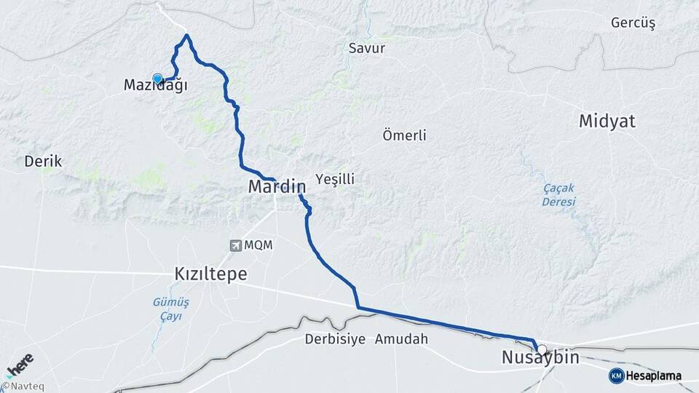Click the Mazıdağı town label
155,85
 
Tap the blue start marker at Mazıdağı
157,79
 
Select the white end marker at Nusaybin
542,349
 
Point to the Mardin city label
276,186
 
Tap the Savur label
367,49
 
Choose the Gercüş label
633,23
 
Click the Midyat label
607,122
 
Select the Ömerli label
404,135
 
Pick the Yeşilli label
335,179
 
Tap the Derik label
43,161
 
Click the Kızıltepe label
210,274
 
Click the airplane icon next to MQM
235,245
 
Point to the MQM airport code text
258,245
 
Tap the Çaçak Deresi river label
558,194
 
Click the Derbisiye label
334,339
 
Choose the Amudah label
401,339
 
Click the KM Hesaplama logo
646,376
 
